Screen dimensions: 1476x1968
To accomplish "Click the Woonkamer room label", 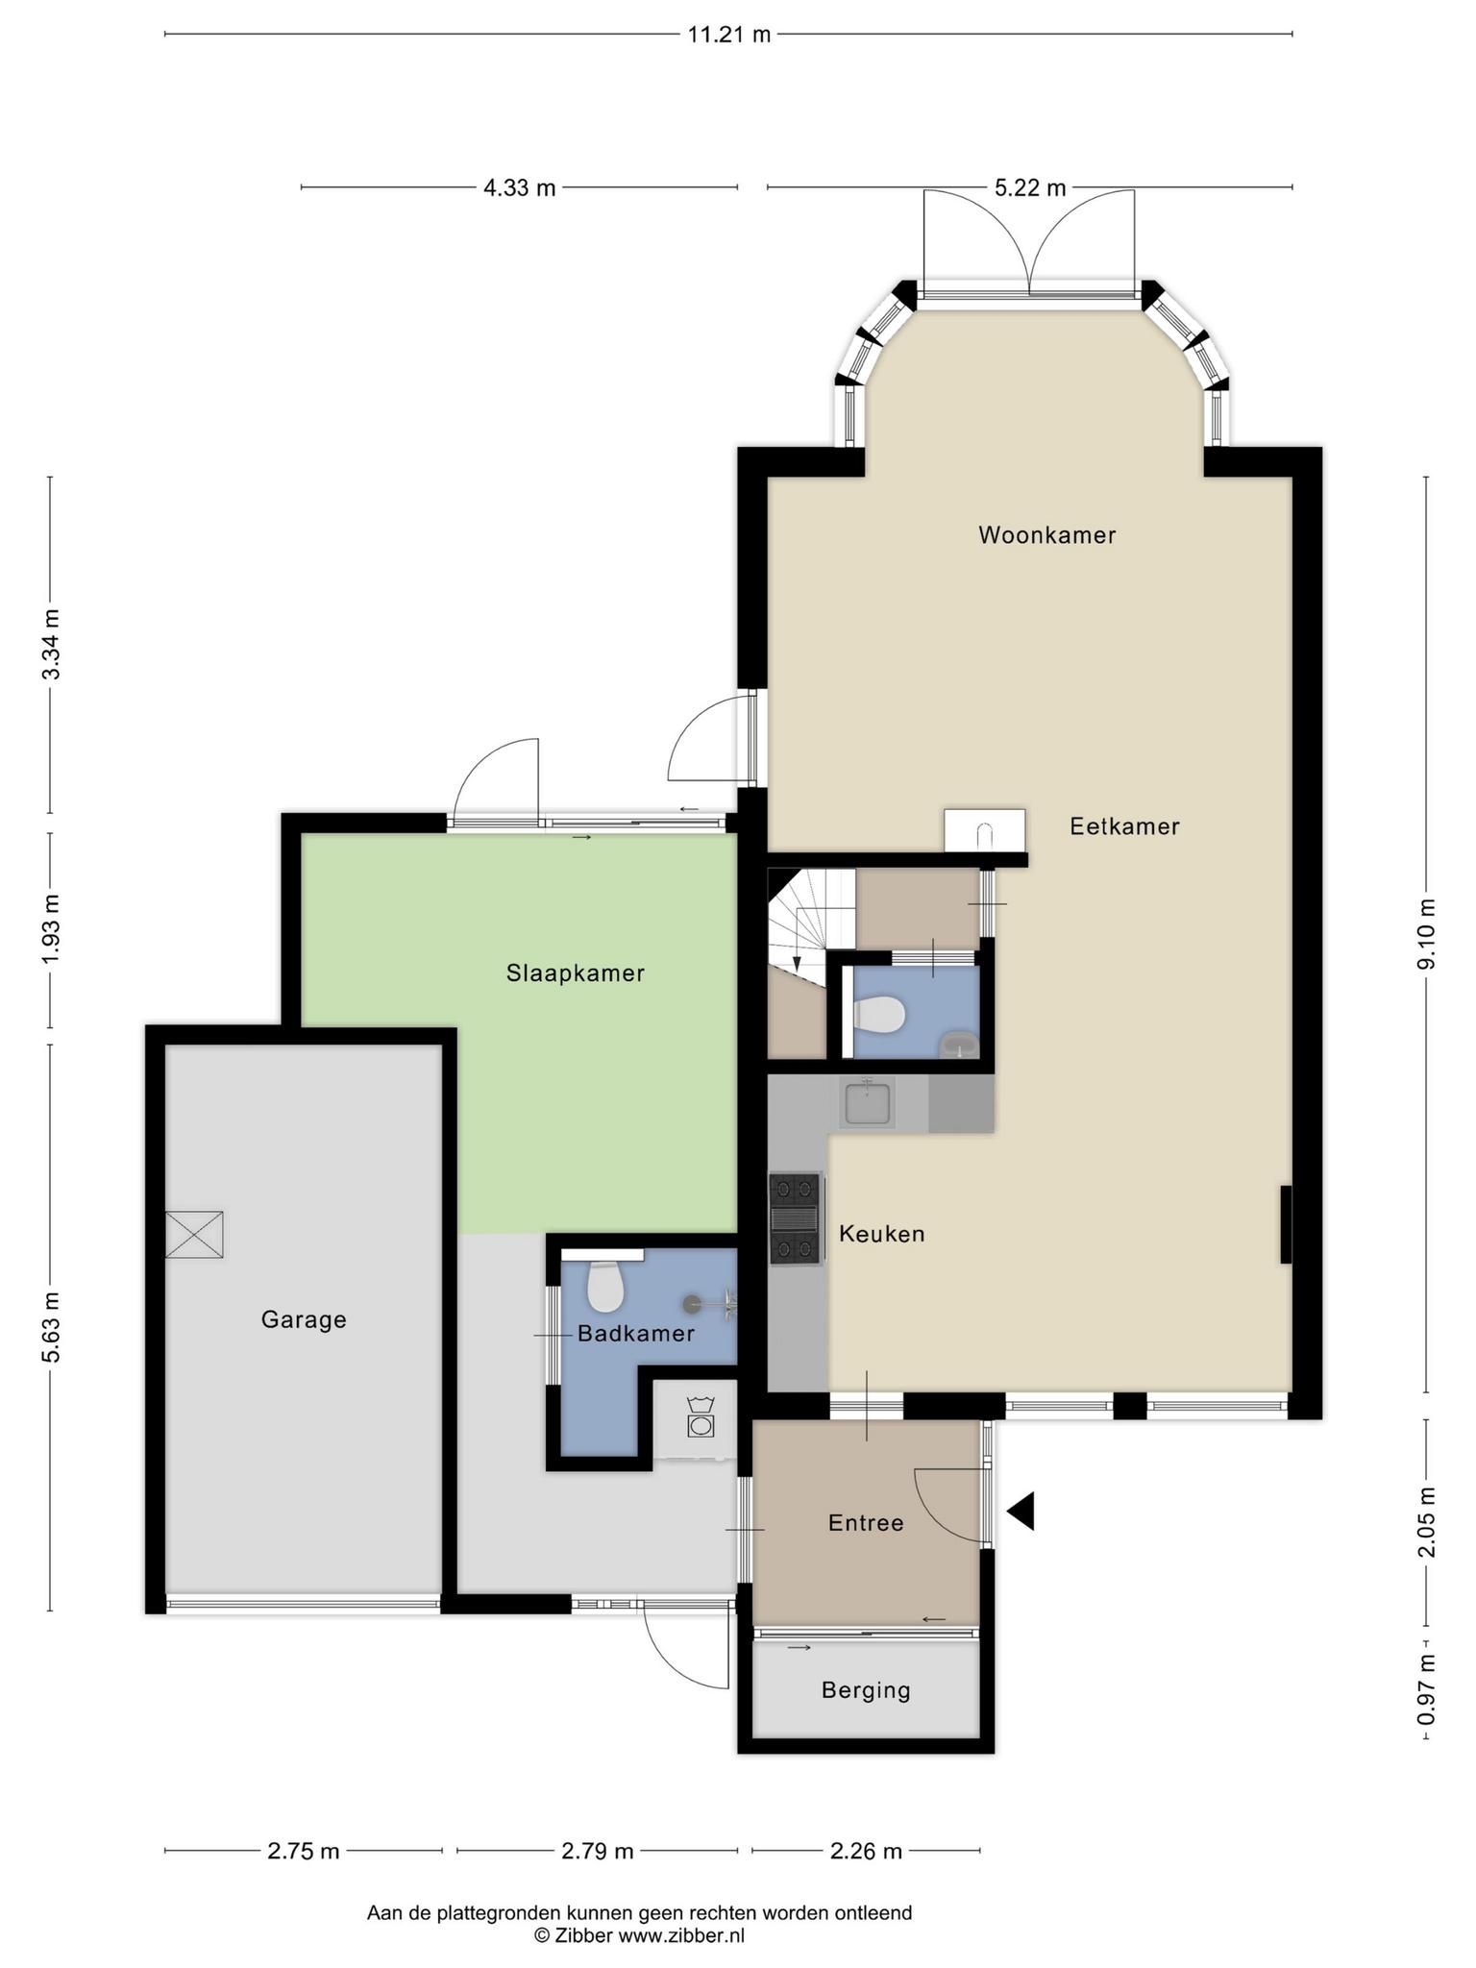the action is (1046, 535).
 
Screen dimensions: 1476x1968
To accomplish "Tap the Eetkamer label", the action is (1124, 826).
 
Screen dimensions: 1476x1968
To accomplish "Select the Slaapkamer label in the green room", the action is (576, 973).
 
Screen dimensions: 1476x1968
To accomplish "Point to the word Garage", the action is (304, 1320).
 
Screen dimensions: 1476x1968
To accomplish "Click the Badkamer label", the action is (635, 1334).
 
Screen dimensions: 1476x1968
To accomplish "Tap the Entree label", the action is (866, 1523).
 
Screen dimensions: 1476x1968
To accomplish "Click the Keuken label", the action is (882, 1234).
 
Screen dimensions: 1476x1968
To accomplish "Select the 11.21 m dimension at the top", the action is (729, 36).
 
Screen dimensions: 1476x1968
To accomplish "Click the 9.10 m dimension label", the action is (1426, 934).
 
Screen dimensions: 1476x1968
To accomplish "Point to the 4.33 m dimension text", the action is (520, 188).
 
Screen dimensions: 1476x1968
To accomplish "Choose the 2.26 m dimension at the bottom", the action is (866, 1851).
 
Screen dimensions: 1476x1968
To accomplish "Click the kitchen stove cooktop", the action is (796, 1218).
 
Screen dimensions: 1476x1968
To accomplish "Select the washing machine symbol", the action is (701, 1417).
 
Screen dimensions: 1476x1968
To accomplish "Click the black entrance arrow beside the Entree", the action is (1021, 1511).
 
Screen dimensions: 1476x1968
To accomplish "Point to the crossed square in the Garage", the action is (194, 1234).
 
